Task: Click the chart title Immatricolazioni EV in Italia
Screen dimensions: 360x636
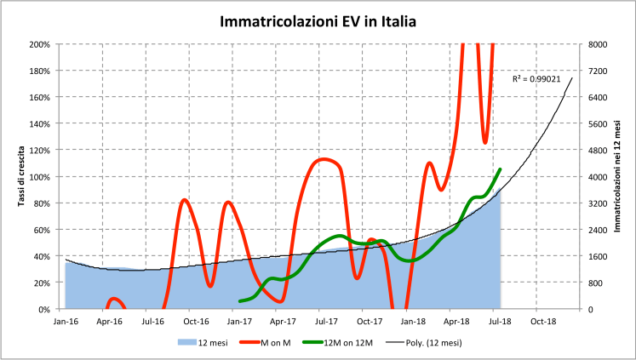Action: [318, 20]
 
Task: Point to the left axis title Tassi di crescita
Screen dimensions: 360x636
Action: [20, 175]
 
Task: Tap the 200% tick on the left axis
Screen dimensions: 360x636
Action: [40, 43]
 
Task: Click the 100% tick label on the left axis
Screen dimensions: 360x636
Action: [40, 176]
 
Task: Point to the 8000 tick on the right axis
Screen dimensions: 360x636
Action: [596, 43]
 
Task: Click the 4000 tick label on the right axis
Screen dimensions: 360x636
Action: [596, 176]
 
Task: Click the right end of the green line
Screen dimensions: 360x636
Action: [501, 169]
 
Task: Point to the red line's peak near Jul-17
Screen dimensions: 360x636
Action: [326, 159]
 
